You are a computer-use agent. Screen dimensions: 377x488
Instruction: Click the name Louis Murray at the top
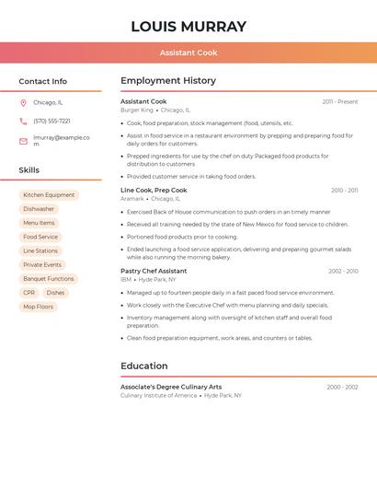188,27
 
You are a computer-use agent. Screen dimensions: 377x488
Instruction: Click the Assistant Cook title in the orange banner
188,53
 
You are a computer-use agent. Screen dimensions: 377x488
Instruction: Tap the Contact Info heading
42,81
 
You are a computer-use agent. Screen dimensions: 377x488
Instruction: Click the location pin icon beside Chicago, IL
23,103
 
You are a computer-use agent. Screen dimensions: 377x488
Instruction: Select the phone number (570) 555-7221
51,121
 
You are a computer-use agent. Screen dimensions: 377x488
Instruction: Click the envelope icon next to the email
23,141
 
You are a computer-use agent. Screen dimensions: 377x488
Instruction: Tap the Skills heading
29,170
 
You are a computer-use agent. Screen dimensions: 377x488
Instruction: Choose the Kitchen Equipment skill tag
49,195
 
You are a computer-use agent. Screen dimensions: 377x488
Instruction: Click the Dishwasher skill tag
39,209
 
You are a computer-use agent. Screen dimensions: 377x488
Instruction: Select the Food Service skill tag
40,237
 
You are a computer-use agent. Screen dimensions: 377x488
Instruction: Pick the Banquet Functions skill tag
48,279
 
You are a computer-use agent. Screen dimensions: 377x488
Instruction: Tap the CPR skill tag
29,293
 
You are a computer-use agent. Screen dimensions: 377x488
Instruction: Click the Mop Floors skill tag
39,307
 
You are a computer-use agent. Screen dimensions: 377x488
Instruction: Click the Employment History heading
168,81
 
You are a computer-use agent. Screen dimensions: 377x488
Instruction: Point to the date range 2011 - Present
339,102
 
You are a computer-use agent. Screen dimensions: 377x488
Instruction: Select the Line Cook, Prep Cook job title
154,191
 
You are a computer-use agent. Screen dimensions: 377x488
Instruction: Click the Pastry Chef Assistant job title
154,272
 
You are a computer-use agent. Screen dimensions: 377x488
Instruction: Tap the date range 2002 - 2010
343,272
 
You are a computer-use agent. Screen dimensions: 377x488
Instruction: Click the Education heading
144,366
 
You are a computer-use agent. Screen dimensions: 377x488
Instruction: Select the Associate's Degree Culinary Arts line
171,387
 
